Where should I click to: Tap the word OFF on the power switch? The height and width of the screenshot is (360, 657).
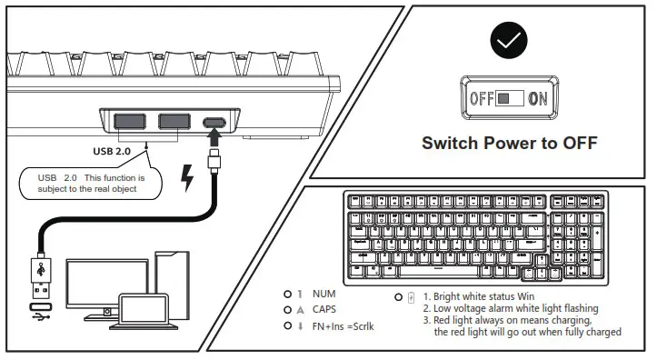[481, 98]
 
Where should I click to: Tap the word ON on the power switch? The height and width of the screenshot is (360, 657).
[538, 98]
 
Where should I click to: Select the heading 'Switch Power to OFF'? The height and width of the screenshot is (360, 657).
[509, 143]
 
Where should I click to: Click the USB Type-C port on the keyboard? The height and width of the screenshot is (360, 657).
[215, 123]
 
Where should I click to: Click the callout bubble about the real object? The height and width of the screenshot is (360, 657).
[91, 184]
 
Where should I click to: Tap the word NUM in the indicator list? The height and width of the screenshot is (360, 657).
[324, 295]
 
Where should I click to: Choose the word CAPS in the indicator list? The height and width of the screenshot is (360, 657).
[325, 309]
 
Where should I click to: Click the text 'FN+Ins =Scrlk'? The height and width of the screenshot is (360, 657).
[343, 325]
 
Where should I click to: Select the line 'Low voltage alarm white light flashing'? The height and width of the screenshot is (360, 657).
[510, 308]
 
